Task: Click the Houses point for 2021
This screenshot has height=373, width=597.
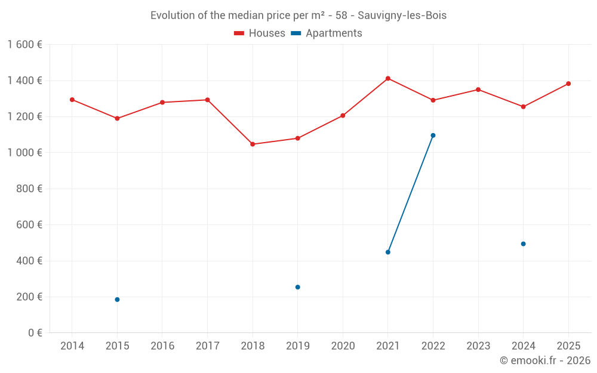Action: click(388, 78)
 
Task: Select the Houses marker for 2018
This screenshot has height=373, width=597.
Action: click(253, 144)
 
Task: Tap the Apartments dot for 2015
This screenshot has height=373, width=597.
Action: click(117, 300)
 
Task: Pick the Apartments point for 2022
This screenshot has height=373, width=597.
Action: click(433, 135)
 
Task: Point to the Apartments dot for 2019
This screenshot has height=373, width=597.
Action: click(298, 287)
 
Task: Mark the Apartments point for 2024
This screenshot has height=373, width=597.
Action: click(523, 243)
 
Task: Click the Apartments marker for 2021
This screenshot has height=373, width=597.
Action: click(388, 252)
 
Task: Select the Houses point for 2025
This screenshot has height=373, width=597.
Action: click(568, 84)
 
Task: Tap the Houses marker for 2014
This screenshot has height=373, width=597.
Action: click(72, 100)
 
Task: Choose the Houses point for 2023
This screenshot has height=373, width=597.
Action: click(478, 90)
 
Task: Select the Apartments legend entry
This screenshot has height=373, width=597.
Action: click(327, 33)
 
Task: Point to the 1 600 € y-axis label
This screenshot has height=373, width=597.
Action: click(25, 45)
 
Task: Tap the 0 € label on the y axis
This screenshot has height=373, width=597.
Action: click(35, 333)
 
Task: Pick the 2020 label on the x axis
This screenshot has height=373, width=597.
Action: click(343, 346)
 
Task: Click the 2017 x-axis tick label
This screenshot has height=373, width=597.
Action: click(207, 346)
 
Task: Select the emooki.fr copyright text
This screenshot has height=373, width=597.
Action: click(544, 360)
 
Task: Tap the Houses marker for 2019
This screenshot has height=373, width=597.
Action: click(298, 138)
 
